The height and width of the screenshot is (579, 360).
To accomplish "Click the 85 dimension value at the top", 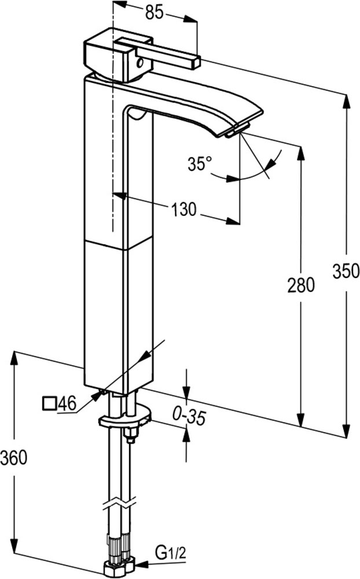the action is click(154, 13).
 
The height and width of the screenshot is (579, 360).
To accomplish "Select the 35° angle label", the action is click(200, 164).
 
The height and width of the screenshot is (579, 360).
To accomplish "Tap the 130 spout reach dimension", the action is click(183, 210).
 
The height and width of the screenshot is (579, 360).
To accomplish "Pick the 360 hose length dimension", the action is click(14, 458).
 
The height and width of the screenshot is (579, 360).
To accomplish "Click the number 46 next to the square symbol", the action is click(67, 403).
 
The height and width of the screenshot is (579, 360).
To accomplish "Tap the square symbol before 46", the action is click(49, 403).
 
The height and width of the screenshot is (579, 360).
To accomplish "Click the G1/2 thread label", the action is click(171, 554).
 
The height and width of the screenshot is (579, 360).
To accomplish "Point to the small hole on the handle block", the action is click(140, 64).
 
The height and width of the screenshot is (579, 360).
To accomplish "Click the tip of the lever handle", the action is click(196, 62).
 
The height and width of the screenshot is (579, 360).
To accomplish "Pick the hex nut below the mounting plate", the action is click(130, 433).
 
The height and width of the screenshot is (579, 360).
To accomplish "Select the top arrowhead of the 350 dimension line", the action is click(346, 101).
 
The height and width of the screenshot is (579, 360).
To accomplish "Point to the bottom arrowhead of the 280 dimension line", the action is click(302, 420).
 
